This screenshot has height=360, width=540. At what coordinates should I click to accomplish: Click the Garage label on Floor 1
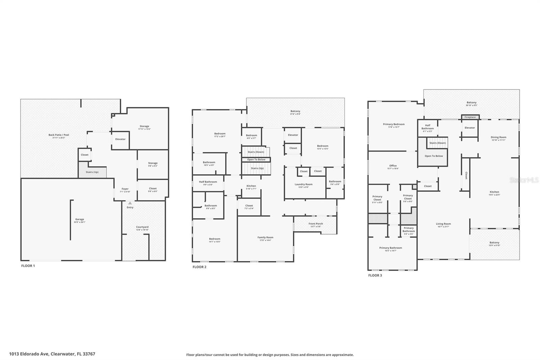click(x=80, y=220)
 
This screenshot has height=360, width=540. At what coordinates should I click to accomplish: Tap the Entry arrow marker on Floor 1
click(x=130, y=203)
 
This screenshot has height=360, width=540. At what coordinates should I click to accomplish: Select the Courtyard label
click(x=142, y=227)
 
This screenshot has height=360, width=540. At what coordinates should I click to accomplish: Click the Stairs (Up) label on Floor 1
click(x=92, y=172)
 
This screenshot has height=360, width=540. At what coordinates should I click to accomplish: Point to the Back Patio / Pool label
click(x=59, y=135)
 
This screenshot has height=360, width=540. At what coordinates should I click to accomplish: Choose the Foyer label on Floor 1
click(x=125, y=189)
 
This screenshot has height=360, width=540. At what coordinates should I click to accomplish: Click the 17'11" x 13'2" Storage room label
click(x=144, y=127)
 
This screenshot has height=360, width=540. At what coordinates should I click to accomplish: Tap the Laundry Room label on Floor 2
click(x=303, y=185)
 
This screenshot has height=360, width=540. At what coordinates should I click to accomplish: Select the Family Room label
click(x=265, y=238)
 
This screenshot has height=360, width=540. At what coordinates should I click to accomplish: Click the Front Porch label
click(x=316, y=224)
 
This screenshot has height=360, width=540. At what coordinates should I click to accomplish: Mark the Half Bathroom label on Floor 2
click(x=208, y=182)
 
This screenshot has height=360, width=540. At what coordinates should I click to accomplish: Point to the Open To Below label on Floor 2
click(x=256, y=160)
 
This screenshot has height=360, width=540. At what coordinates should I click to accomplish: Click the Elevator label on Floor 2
click(x=293, y=135)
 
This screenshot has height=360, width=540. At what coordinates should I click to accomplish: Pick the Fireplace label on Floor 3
click(x=470, y=117)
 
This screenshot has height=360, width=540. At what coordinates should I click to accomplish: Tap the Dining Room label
click(x=498, y=137)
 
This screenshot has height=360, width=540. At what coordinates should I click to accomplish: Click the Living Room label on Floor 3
click(x=443, y=224)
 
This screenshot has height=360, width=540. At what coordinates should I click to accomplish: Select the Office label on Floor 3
click(x=393, y=166)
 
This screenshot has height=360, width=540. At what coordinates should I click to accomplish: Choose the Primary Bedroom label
click(x=394, y=124)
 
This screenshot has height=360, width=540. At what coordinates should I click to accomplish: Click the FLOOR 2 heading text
click(x=199, y=267)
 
